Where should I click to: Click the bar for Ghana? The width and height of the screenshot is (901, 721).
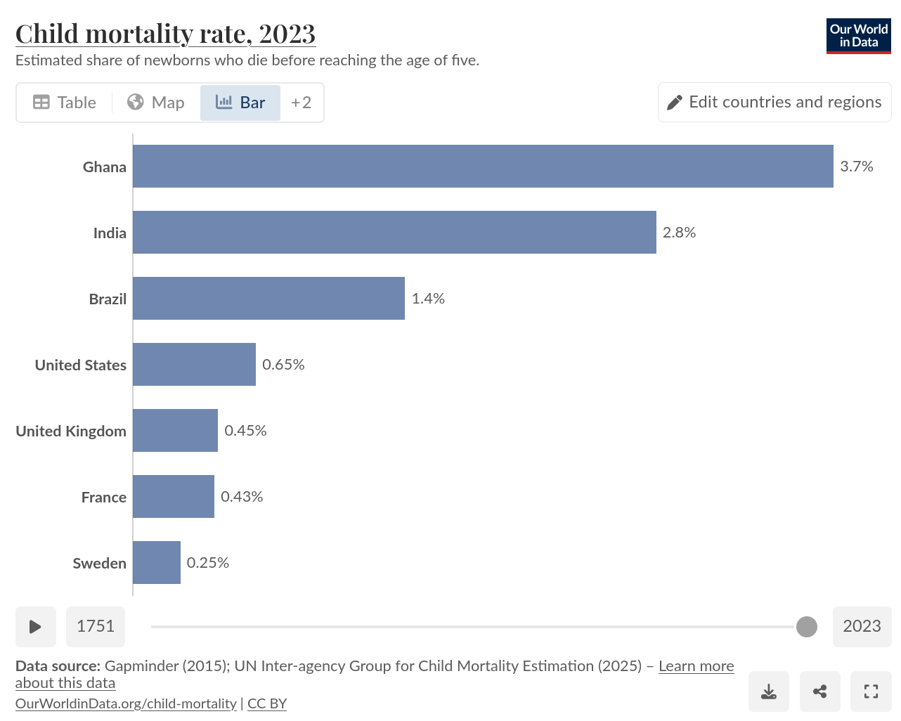483,167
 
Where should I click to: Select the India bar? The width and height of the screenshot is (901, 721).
394,233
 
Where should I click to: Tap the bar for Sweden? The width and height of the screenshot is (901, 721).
157,562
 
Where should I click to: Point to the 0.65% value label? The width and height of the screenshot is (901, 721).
283,365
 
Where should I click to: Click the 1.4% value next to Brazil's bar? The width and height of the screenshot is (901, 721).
428,299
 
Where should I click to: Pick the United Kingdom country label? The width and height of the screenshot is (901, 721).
71,431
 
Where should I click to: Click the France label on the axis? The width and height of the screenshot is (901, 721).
104,498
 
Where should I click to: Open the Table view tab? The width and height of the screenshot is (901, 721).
65,103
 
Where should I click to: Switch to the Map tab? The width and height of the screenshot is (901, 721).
156,103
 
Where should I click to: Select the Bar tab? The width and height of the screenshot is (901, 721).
240,103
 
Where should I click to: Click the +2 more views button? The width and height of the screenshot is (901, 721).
302,103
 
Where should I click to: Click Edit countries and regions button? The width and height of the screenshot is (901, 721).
774,103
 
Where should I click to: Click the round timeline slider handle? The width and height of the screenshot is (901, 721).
807,627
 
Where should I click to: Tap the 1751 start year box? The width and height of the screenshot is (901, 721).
96,627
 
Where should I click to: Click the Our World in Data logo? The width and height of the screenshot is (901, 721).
858,36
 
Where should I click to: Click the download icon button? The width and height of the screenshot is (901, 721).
769,691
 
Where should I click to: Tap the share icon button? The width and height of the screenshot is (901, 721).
819,691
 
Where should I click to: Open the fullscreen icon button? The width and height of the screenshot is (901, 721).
871,691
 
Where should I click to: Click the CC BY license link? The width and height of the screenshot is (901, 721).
267,703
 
